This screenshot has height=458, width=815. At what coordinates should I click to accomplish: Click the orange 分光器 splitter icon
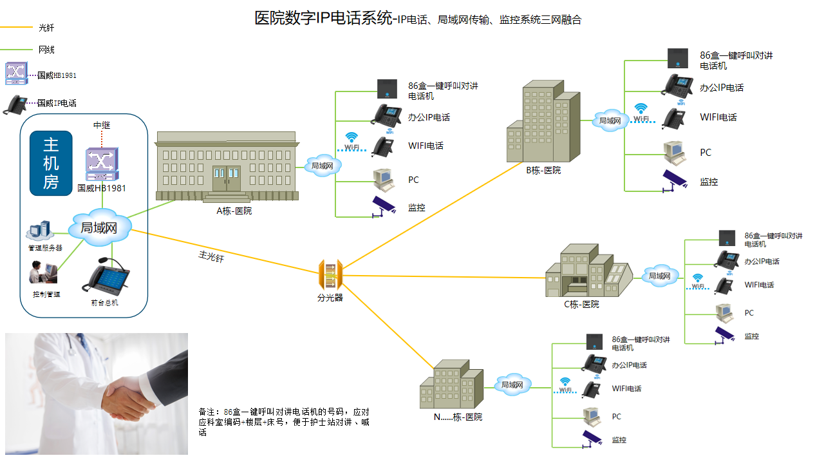click(x=330, y=276)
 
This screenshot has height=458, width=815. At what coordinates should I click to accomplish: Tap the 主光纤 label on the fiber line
click(x=211, y=256)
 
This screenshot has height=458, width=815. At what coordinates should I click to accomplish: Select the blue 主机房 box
click(x=51, y=163)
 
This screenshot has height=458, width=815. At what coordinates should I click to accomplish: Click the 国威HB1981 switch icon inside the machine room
click(x=102, y=165)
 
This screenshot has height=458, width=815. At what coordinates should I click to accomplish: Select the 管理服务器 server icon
click(x=39, y=231)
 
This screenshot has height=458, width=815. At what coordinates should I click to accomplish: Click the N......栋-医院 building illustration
click(x=451, y=385)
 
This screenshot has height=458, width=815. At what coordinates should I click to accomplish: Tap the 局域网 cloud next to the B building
click(x=609, y=120)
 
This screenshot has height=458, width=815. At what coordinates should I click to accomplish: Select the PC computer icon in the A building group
click(x=384, y=180)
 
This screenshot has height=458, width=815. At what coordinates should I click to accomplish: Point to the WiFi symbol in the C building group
click(x=698, y=279)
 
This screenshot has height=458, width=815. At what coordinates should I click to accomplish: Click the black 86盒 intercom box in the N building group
click(x=594, y=341)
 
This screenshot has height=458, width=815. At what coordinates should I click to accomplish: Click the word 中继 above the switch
click(x=102, y=125)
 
